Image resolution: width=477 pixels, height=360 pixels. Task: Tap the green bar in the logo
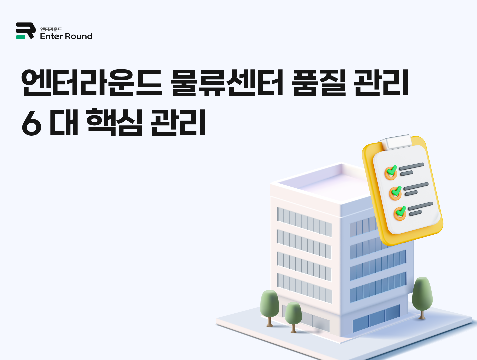coord(21,37)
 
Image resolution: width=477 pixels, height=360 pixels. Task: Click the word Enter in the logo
coord(51,36)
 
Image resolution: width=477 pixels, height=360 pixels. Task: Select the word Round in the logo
coord(78,36)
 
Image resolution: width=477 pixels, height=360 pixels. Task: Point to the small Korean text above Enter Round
coord(51,29)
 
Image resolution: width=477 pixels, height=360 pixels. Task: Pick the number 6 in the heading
coord(32,123)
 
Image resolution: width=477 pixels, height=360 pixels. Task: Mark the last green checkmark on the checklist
coord(400,212)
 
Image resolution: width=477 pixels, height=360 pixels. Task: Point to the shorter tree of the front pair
coord(293,315)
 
